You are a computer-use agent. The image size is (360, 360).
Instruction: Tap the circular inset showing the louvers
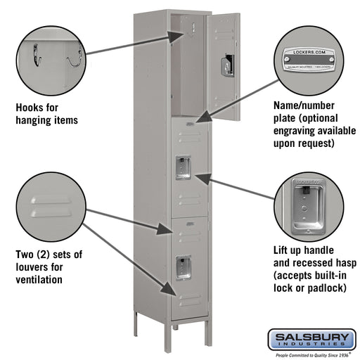(x=52, y=207)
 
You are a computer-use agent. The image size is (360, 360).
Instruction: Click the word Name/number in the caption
(x=304, y=105)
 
